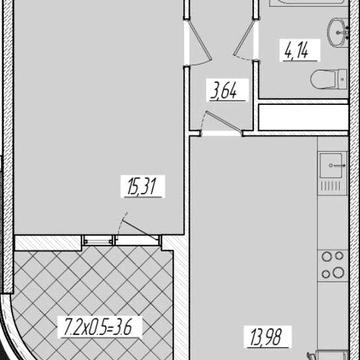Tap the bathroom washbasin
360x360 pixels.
338,32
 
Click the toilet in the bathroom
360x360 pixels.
329,79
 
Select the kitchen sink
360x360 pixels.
332,165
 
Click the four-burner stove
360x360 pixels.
333,266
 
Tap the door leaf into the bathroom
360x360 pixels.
245,42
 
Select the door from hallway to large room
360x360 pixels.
199,42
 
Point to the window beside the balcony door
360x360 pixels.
97,240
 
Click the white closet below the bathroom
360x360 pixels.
303,117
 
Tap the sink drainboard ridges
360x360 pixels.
332,187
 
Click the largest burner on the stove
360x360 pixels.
338,273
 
